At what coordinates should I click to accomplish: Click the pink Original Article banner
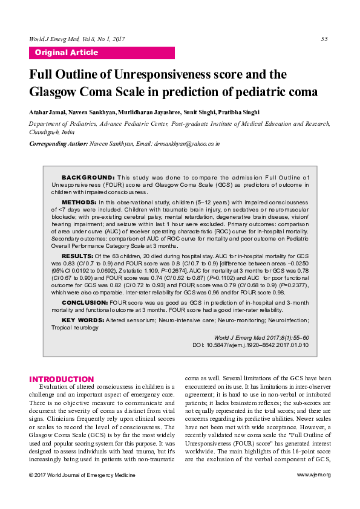pyautogui.click(x=102, y=53)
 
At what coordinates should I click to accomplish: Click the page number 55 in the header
pyautogui.click(x=324, y=39)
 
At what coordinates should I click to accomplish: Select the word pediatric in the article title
pyautogui.click(x=253, y=92)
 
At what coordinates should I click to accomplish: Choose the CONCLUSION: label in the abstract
pyautogui.click(x=84, y=302)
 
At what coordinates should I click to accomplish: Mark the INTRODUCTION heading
pyautogui.click(x=62, y=379)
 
